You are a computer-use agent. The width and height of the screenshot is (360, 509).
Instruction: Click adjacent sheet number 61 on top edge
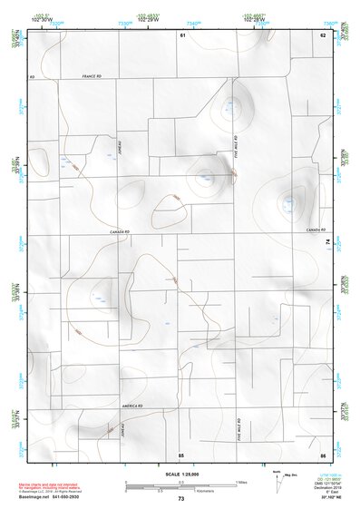[x=181, y=34]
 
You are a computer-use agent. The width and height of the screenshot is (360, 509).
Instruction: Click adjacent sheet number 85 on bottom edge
[x=181, y=454]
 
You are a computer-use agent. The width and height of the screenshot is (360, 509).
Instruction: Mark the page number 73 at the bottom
[x=180, y=499]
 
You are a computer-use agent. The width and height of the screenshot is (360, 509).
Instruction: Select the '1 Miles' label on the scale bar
[x=239, y=481]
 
